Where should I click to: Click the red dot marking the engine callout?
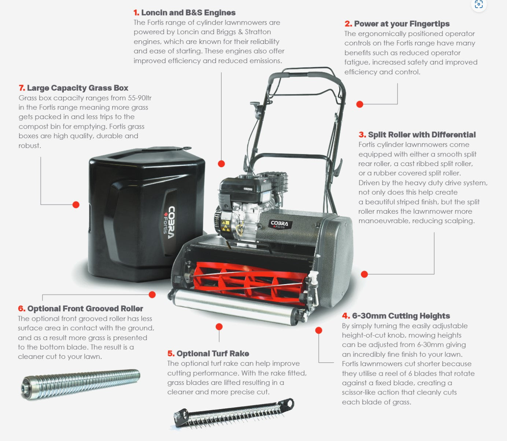coord(221,163)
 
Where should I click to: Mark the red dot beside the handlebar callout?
coord(360,104)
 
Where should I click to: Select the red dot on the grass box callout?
coord(76,205)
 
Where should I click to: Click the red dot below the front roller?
coord(219,327)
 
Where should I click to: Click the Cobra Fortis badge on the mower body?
coord(280,224)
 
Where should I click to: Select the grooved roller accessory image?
coord(81,384)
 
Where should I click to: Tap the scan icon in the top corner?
coord(479,4)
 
